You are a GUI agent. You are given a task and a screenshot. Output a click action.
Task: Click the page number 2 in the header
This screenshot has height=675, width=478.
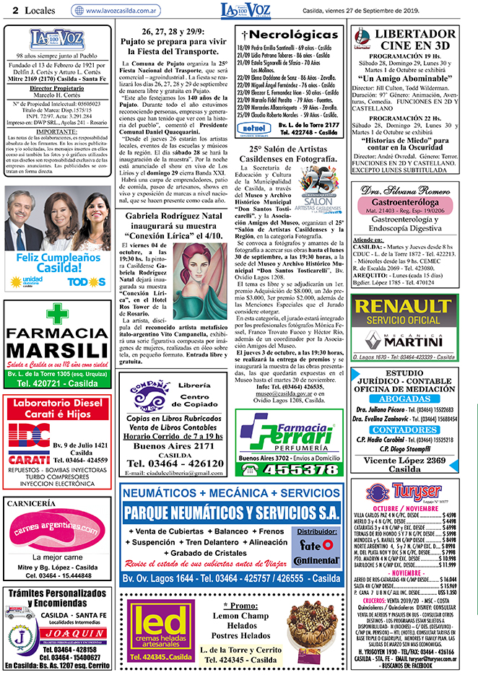coord(6,10)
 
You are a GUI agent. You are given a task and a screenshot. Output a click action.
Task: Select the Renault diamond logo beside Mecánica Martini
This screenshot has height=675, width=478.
coord(371,340)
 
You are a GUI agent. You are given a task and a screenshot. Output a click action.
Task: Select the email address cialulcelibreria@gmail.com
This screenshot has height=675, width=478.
coord(174,472)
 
